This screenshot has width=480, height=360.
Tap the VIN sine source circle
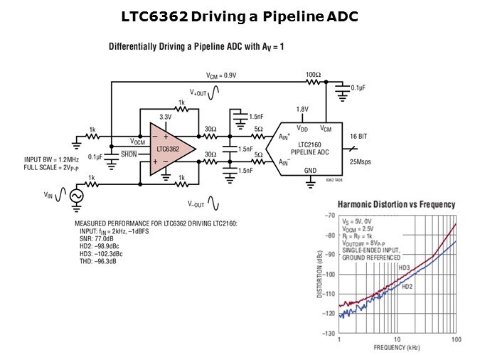point(74,195)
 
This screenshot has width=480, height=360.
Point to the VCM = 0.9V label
point(220,74)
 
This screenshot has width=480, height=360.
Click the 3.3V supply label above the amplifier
point(165,117)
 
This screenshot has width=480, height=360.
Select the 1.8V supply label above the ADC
point(303,109)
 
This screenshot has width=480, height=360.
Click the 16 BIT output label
point(359,135)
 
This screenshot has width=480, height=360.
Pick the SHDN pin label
point(129,153)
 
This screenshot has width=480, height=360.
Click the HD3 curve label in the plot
point(404,268)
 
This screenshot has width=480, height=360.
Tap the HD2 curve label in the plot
point(407,286)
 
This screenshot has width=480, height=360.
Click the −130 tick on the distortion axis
point(329,333)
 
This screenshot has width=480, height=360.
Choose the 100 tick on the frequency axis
point(456,340)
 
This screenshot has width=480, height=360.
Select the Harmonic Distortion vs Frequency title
point(395,204)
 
